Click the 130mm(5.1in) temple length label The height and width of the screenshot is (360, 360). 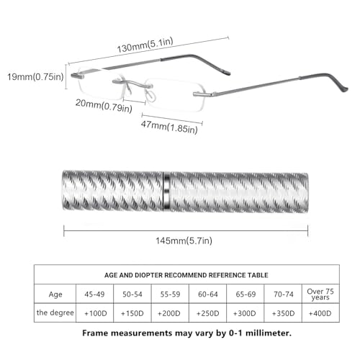pos(145,45)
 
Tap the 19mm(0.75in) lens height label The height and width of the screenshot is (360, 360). pos(35,77)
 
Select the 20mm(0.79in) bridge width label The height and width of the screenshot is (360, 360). pos(104,106)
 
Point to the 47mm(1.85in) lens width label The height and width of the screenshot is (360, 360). pos(169,127)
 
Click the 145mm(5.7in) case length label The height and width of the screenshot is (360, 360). pos(184,240)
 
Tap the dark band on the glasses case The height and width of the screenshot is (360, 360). pos(166,192)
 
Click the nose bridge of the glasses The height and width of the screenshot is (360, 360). pos(132,84)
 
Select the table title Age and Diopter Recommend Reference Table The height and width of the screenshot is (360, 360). pos(186,275)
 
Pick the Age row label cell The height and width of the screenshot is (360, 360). pos(55,294)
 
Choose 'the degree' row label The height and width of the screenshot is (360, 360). pos(55,312)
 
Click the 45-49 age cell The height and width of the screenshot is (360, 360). pos(94,294)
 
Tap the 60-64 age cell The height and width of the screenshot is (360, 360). pos(208,294)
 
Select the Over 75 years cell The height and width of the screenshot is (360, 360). pos(320,294)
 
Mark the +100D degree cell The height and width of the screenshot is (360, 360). pos(96,313)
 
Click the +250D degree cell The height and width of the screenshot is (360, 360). pos(208,313)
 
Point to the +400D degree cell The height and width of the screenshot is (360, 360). pos(320,313)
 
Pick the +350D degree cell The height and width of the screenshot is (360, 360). pos(283,313)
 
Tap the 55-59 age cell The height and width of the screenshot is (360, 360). pos(170,294)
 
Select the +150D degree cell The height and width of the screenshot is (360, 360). pos(132,313)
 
